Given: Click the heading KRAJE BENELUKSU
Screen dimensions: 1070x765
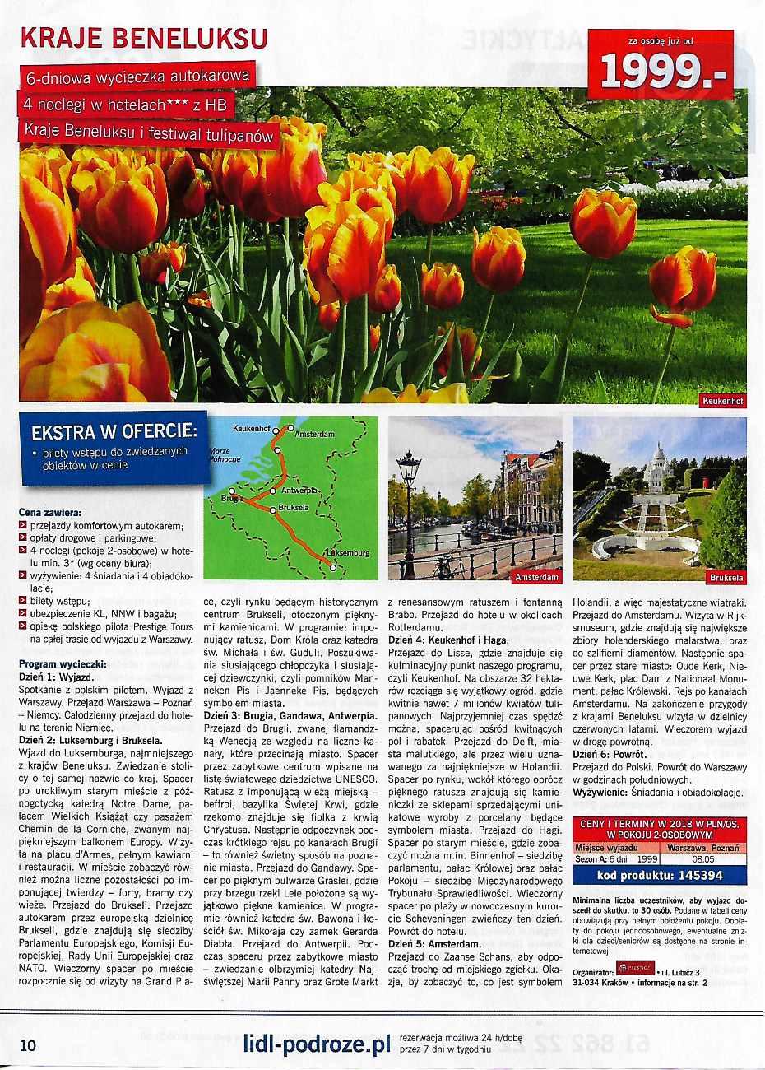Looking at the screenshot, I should pos(144,39).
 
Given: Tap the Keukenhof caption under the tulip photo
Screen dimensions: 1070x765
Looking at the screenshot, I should pos(723,402).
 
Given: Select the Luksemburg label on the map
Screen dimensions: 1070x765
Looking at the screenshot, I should pos(348,553).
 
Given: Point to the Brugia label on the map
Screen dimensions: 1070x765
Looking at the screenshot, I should pos(233,500).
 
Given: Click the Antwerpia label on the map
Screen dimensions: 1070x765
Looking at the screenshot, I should pos(299,491).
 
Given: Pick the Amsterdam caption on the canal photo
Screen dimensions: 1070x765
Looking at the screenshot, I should pos(536,578).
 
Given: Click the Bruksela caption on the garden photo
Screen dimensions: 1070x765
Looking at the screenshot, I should pos(726,578).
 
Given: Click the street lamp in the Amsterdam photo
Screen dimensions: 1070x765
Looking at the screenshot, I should pos(408,494).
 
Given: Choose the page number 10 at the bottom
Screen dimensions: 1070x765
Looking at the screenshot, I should pos(28,1046).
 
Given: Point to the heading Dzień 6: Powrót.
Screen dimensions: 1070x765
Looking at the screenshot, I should pos(610,754).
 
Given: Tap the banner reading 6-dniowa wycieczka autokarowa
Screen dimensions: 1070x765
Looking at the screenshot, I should pos(138,77).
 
